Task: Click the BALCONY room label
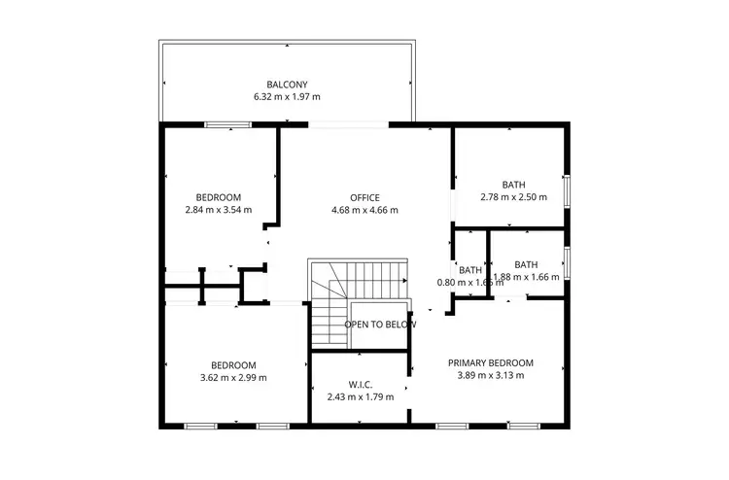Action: click(x=287, y=84)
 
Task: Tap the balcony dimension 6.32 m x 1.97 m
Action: click(x=287, y=97)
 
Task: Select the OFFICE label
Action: click(x=364, y=197)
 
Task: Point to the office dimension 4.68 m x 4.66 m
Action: click(x=364, y=210)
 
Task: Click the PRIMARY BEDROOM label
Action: click(x=490, y=363)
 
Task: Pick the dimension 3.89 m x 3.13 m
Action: click(x=490, y=376)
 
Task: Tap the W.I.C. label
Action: click(x=361, y=384)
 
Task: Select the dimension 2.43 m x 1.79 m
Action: click(x=361, y=396)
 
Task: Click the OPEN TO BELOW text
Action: click(x=380, y=325)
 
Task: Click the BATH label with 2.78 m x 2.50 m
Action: click(x=513, y=185)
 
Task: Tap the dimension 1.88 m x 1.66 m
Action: click(x=527, y=277)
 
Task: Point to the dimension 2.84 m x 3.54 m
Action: click(x=218, y=210)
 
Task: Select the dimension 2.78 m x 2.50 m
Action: click(x=513, y=197)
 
